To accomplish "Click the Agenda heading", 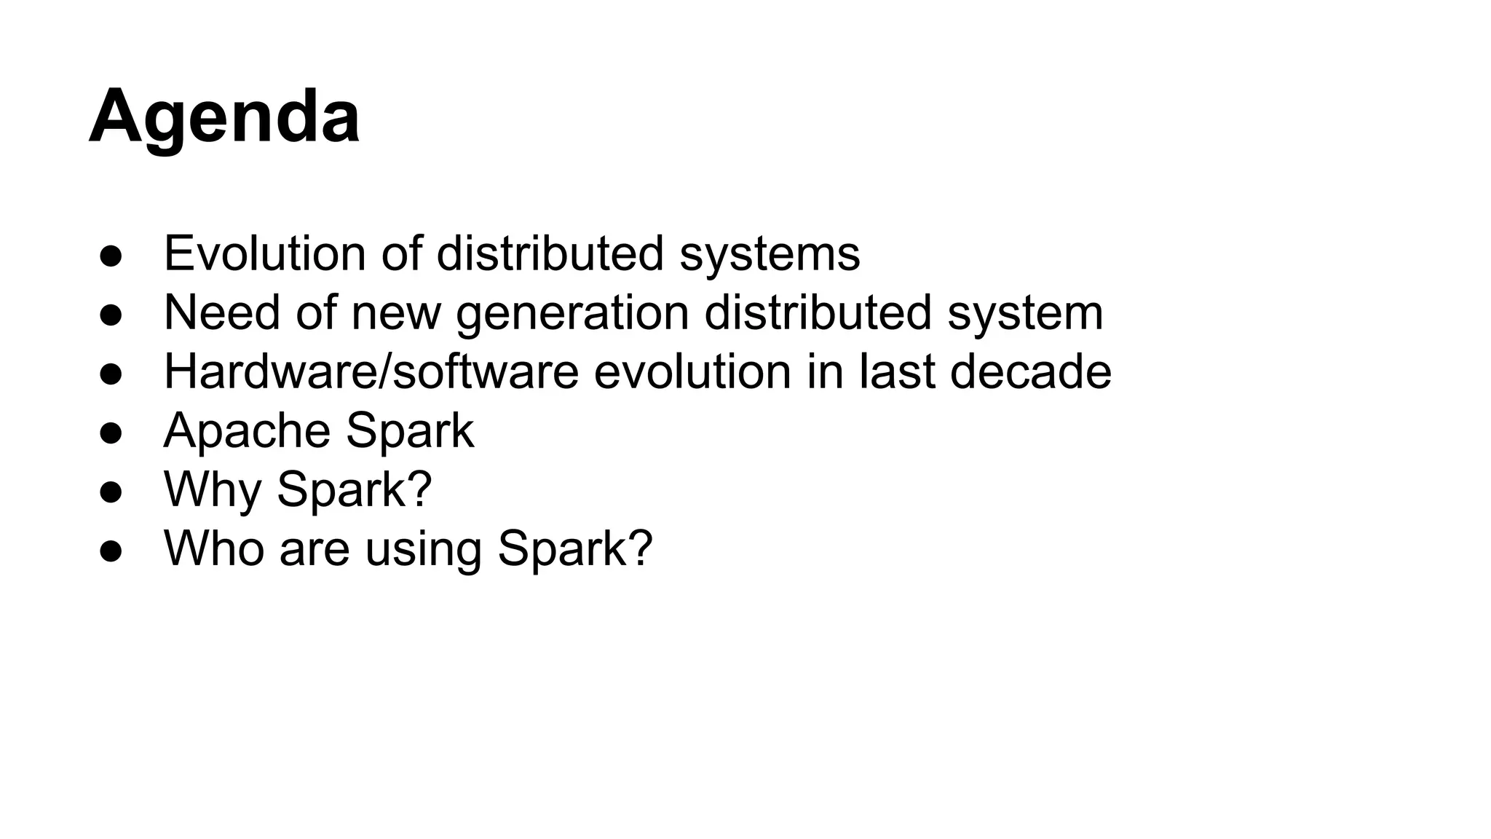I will coord(224,117).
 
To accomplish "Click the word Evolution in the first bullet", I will coord(264,253).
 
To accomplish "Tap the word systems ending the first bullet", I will coord(770,253).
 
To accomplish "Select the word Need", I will coord(222,312).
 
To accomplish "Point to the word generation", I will coord(572,314).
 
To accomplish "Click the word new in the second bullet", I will coord(396,312).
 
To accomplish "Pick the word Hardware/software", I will coord(371,371).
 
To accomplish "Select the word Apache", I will coord(247,431).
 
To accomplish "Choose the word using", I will coord(423,549).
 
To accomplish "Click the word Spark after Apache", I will coord(410,431).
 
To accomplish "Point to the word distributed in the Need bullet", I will coord(818,312).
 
